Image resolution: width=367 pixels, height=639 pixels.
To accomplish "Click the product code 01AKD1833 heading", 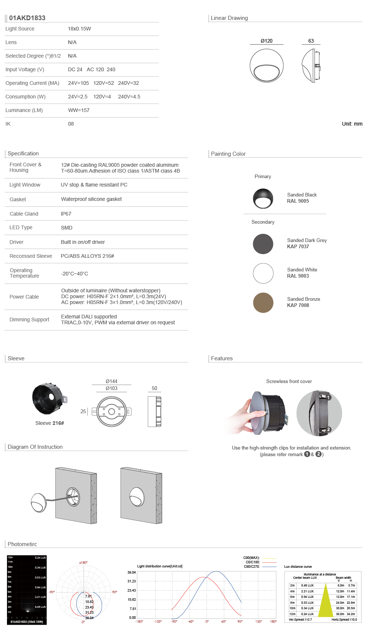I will pos(27,18).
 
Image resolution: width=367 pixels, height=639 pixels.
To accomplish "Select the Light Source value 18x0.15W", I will pos(79,29).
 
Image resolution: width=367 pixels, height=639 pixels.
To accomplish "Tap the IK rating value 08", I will pos(71,124).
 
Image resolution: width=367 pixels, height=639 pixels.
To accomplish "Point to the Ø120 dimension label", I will pos(266,41).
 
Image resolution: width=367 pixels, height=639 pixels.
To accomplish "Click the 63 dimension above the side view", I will pos(311,41).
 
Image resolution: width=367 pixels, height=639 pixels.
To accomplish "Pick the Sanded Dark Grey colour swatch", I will pos(263,244).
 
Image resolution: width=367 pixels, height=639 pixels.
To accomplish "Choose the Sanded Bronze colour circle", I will pos(263,303).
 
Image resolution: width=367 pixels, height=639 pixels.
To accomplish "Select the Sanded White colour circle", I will pos(263,273).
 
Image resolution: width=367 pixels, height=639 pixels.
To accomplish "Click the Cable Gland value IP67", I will pos(66,214).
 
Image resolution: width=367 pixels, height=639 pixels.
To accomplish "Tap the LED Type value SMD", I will pos(66,228).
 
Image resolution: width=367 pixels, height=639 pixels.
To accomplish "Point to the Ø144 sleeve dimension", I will pos(112,381).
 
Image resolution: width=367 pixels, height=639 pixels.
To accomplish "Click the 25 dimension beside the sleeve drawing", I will pos(83,411).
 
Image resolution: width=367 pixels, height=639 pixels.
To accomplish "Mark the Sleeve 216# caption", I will pos(50,423).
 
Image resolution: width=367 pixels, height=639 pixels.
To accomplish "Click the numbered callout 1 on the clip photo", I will pos(328,397).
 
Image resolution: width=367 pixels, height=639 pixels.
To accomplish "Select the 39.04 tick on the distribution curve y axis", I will pos(131,572).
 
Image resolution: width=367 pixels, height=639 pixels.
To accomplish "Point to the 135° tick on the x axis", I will pos(259,621).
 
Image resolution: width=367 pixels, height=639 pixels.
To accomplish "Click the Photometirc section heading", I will pos(22,544).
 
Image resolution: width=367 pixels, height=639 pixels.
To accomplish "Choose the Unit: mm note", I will pos(352,124).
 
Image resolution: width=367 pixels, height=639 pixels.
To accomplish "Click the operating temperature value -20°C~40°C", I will pos(75,274).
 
